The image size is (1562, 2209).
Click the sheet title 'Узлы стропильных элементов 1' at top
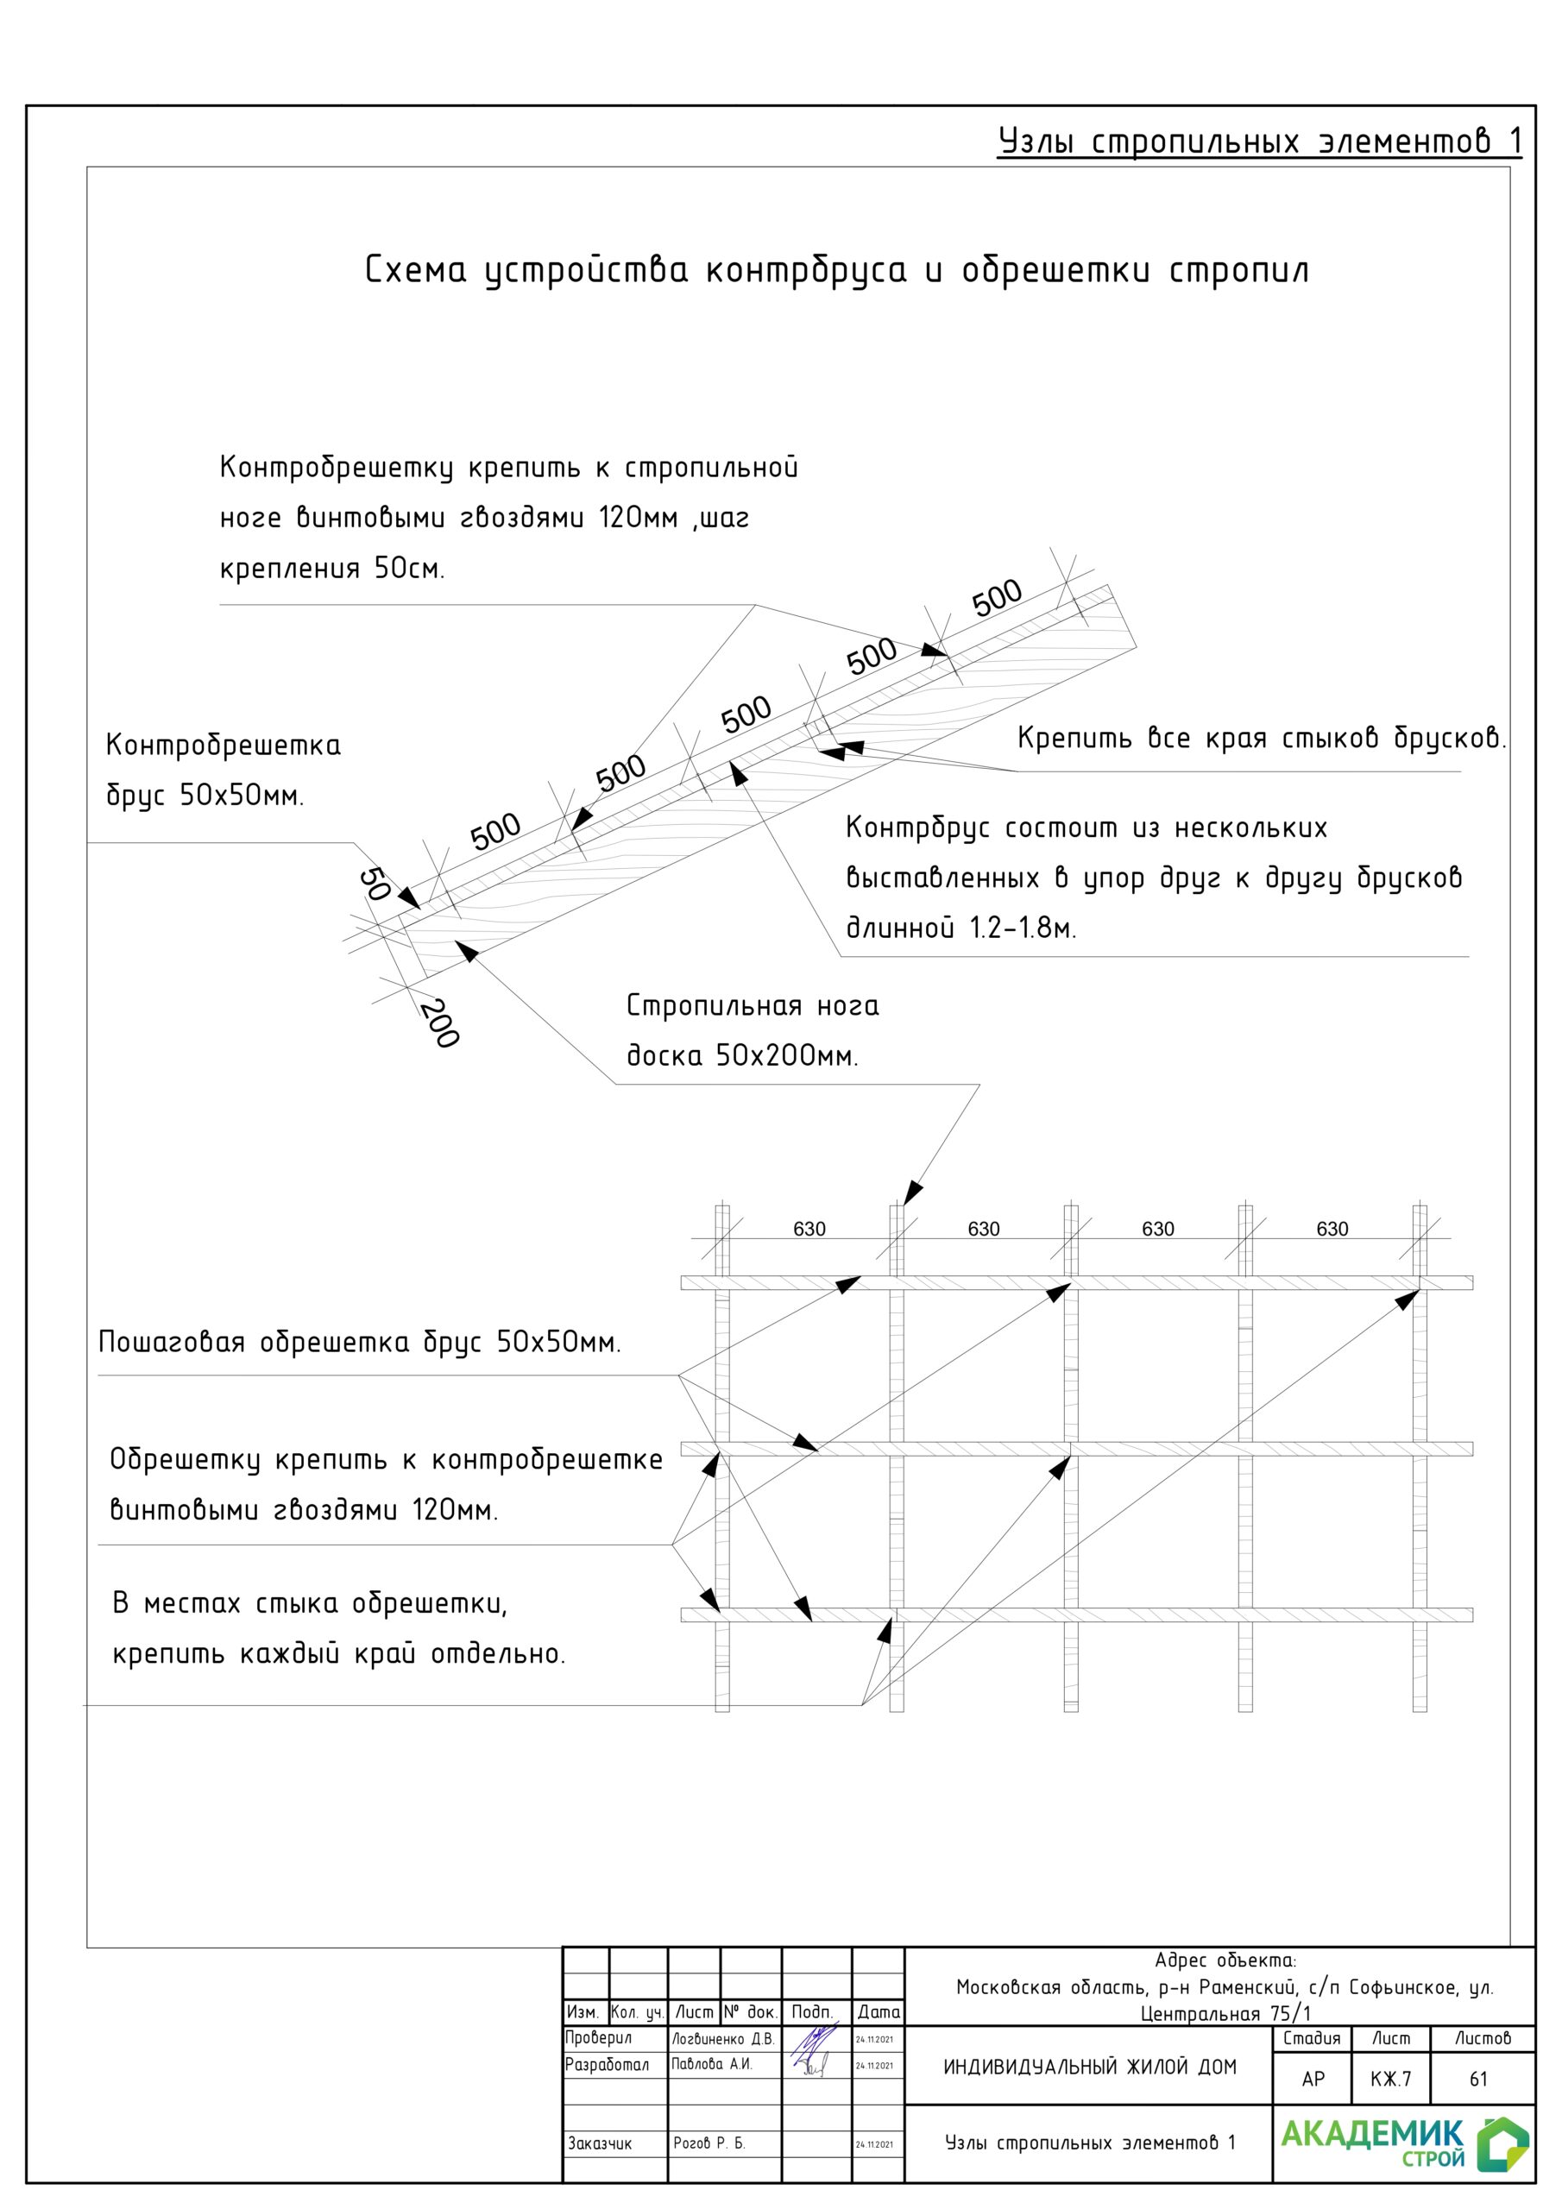point(1259,142)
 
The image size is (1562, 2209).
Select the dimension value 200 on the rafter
point(440,1023)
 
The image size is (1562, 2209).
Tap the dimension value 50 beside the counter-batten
point(374,884)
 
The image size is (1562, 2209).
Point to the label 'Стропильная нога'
point(752,1006)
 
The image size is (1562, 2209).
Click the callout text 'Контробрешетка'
point(223,746)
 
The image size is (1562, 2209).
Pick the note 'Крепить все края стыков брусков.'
point(1261,739)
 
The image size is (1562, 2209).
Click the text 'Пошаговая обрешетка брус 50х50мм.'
point(359,1342)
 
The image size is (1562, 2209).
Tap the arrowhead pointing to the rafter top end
point(912,1193)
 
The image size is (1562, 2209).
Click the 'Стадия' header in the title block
point(1311,2039)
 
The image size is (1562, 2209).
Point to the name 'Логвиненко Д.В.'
point(723,2039)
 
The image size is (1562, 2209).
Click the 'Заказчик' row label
point(600,2143)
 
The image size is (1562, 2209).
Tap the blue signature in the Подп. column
point(813,2049)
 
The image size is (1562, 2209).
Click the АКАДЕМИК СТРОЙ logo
point(1402,2142)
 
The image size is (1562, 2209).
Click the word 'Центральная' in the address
point(1200,2014)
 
